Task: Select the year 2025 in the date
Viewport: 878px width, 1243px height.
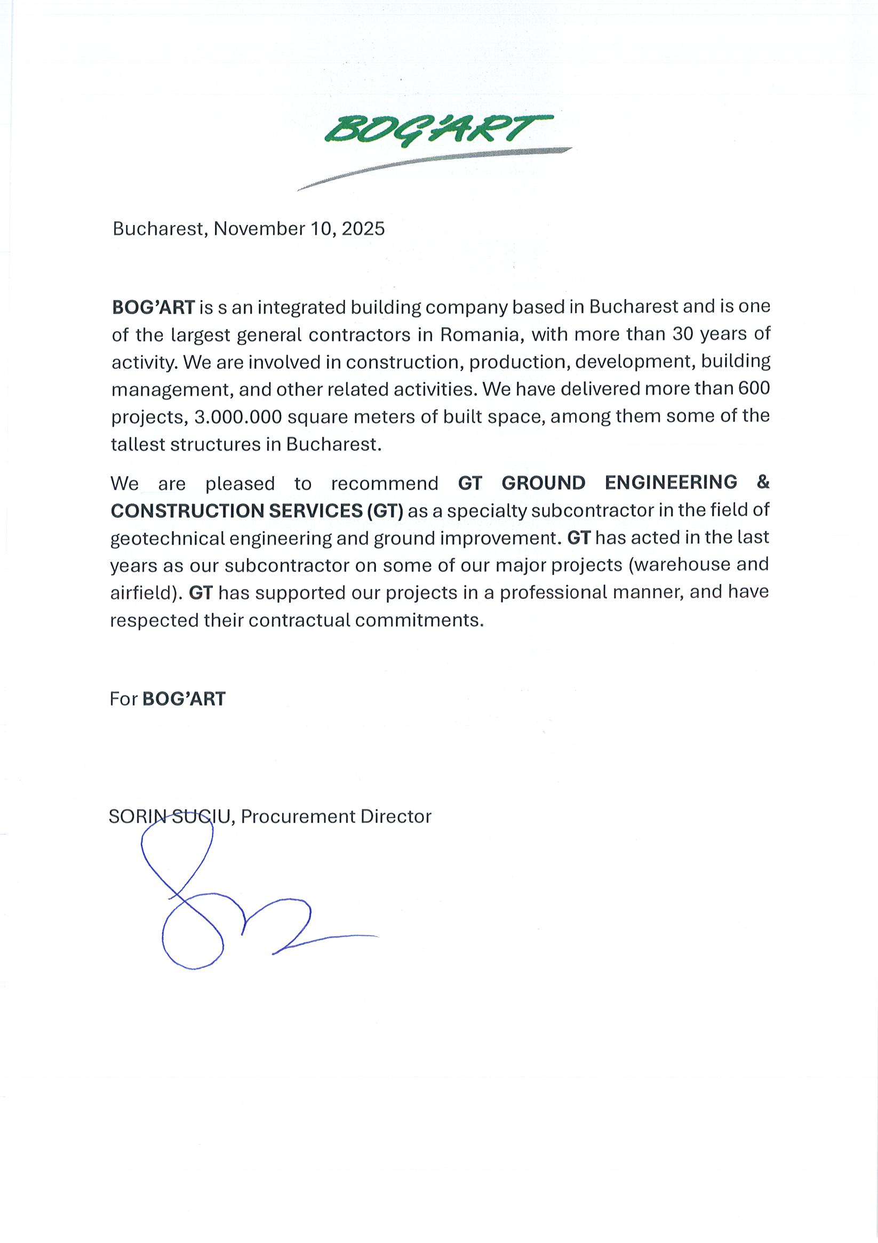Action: tap(363, 228)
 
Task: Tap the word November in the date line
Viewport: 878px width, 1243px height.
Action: tap(259, 228)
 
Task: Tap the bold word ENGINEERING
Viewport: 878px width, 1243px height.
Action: tap(671, 483)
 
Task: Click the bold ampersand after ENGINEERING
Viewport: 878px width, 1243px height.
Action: tap(763, 482)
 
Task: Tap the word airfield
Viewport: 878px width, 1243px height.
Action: tap(143, 593)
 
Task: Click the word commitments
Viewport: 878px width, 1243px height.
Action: tap(419, 620)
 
